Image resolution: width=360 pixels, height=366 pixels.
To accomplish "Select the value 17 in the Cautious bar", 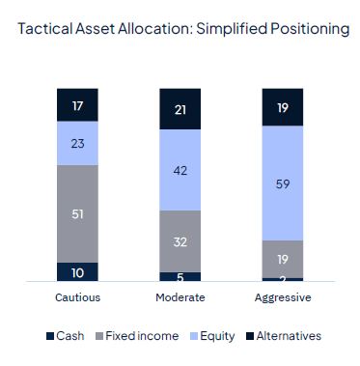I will [77, 104].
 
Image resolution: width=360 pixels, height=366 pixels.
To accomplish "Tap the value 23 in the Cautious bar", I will [77, 142].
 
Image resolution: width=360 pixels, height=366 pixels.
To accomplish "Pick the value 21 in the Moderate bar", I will [180, 109].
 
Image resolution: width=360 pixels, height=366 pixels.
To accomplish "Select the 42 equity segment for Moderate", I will [180, 170].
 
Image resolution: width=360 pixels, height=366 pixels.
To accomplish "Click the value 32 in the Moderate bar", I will [180, 240].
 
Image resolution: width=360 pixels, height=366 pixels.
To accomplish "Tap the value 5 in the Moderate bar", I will [180, 275].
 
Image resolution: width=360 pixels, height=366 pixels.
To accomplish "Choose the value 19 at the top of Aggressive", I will [283, 107].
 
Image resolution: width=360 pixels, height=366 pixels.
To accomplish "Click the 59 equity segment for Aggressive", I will [283, 183].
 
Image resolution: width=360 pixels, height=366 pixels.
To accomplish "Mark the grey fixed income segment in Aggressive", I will [283, 258].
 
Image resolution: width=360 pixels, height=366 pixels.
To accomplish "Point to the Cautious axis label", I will [77, 297].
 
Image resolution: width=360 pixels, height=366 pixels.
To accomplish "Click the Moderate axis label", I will [180, 297].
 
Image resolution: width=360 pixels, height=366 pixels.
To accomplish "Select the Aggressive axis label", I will [283, 297].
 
